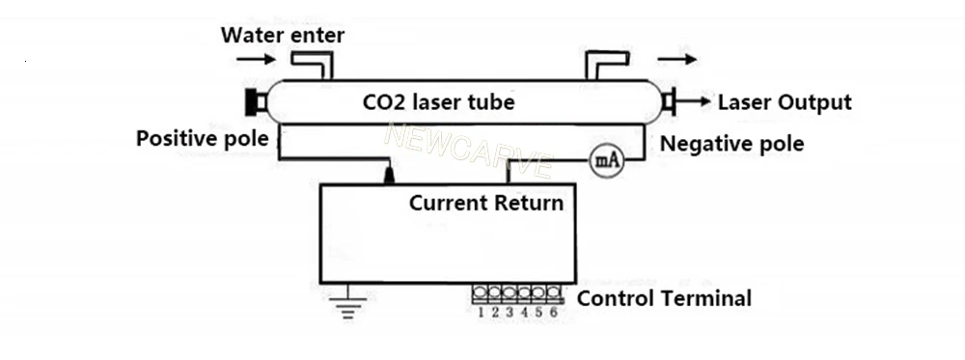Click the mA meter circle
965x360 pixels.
point(607,160)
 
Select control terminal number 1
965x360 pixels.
point(480,292)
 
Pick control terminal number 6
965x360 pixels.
point(554,292)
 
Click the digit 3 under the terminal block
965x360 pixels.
point(510,313)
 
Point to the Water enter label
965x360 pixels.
point(283,35)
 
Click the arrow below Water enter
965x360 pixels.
point(256,59)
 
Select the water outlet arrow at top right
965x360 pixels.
point(677,59)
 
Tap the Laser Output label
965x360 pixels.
point(785,102)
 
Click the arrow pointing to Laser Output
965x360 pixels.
point(694,101)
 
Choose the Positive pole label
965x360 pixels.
point(202,138)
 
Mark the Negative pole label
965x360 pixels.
point(731,144)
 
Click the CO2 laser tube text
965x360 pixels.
point(438,101)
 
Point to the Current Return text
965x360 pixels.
point(486,203)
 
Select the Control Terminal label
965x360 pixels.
point(664,298)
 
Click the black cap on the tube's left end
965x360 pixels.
point(252,102)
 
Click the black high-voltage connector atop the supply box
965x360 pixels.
point(389,175)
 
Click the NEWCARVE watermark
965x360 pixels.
point(469,151)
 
